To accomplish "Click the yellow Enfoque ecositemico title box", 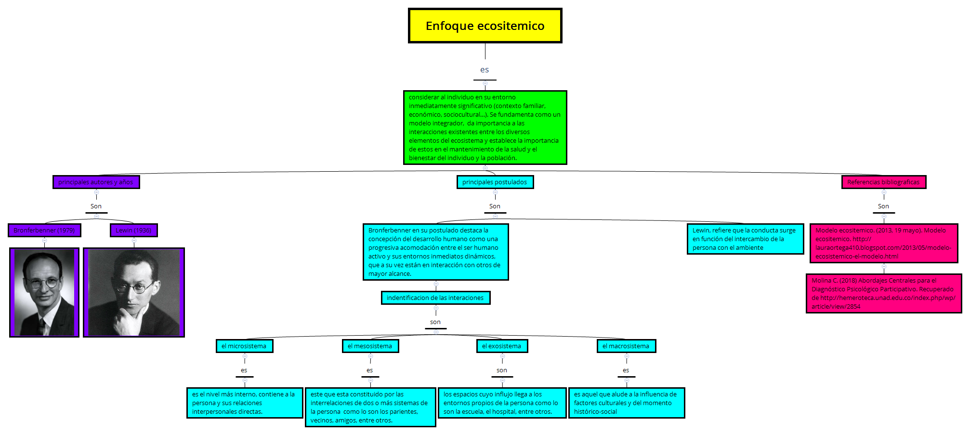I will [x=485, y=26].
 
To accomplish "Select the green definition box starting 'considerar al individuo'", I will [x=485, y=127].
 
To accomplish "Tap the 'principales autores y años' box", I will [x=96, y=182].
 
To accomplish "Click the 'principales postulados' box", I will [x=495, y=182].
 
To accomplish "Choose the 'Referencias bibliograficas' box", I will [x=883, y=182].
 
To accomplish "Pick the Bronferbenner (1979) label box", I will [x=44, y=230].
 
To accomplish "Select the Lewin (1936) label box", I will [x=133, y=230].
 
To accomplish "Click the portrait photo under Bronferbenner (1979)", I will [x=44, y=292].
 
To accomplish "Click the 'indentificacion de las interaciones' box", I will [x=435, y=298].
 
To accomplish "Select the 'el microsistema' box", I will [x=244, y=346].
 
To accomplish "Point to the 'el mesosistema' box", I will [x=370, y=346].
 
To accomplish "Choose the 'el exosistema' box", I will [x=502, y=346].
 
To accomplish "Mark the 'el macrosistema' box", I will [x=626, y=346].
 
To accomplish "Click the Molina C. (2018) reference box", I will [x=883, y=293].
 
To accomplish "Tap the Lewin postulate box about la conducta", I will [x=745, y=239].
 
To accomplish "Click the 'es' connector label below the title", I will [x=485, y=70].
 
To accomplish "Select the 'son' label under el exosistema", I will [x=502, y=370].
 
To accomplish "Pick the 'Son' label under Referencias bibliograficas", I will [x=883, y=206].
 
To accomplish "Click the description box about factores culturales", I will [x=626, y=403].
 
